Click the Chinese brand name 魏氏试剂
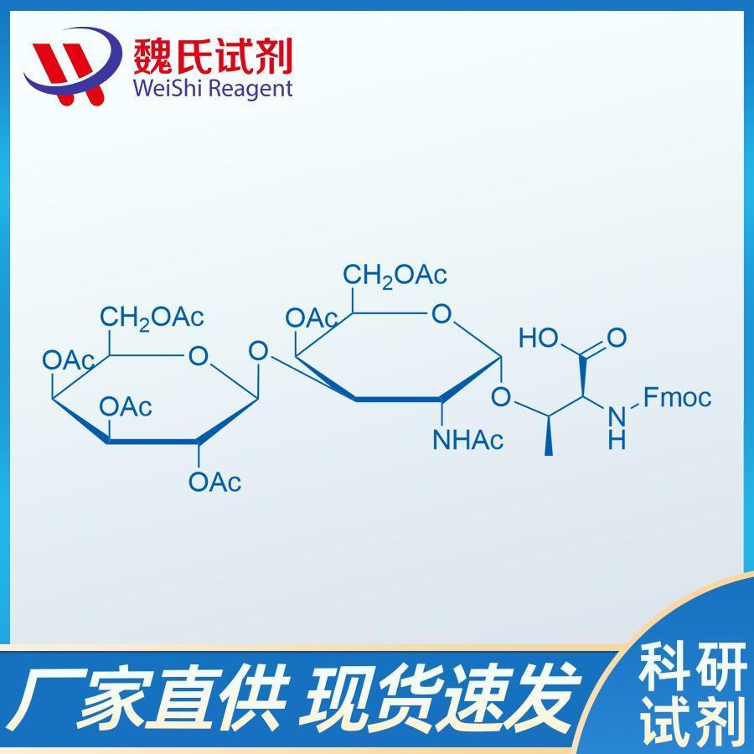[x=213, y=56]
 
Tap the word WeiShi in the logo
[x=167, y=89]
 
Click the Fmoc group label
[x=677, y=398]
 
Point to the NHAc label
[x=468, y=440]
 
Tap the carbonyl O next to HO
[x=616, y=338]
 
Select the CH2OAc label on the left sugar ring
[x=152, y=318]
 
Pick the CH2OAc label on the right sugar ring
[x=395, y=276]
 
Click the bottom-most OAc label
[x=215, y=482]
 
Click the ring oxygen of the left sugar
[x=198, y=356]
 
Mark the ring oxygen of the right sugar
[x=442, y=314]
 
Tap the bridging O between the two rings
[x=258, y=351]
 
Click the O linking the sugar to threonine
[x=501, y=397]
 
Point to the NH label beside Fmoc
[x=617, y=427]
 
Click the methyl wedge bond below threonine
[x=548, y=435]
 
